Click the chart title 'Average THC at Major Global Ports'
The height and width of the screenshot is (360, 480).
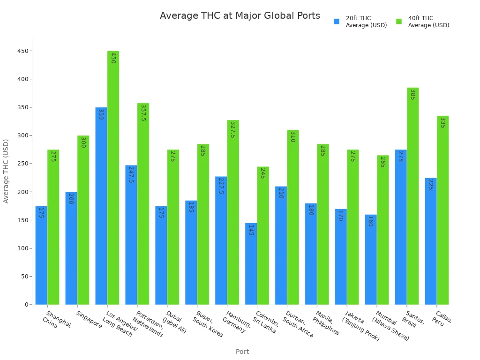pos(240,16)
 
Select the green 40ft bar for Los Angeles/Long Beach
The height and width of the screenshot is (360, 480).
pos(113,178)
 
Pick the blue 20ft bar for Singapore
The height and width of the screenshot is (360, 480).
pos(71,248)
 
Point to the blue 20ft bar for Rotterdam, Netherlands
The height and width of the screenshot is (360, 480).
pos(131,234)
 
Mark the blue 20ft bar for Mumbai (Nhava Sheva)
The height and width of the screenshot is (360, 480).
pos(371,260)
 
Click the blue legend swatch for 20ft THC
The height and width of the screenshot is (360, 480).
pos(336,22)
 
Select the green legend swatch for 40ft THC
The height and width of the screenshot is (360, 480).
pos(399,22)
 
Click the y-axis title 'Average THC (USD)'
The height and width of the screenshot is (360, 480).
pos(6,171)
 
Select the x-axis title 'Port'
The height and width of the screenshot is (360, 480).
pos(242,352)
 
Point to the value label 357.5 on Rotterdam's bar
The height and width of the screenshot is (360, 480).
pos(143,113)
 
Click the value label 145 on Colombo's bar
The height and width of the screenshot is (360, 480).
pos(251,230)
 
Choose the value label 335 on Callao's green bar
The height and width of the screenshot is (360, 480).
pos(442,122)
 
